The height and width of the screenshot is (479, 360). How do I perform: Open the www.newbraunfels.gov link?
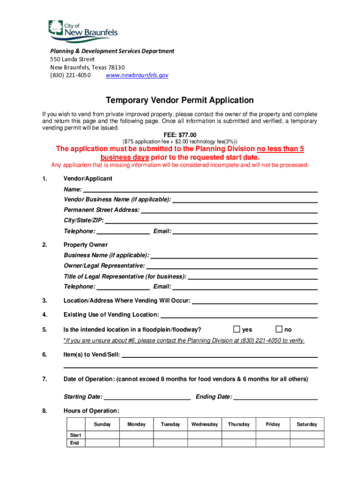click(x=137, y=75)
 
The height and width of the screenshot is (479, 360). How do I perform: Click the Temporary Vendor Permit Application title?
click(x=180, y=100)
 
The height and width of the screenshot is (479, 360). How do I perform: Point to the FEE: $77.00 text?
click(x=180, y=135)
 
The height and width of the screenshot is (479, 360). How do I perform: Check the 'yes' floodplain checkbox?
click(x=237, y=329)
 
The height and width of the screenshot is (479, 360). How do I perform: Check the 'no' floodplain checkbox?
click(x=280, y=329)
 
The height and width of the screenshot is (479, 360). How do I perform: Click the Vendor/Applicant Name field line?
click(x=200, y=189)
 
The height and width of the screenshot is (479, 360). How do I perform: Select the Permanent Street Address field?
click(x=229, y=210)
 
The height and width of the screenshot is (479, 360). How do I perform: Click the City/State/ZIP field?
click(x=211, y=220)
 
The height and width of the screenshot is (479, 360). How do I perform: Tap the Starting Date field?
click(x=147, y=397)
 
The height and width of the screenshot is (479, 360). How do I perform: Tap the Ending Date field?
click(x=275, y=397)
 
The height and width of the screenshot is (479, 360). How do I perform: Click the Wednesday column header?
click(x=204, y=424)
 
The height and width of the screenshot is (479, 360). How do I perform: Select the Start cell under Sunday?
click(x=102, y=435)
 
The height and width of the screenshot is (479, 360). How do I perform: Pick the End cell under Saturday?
click(x=307, y=443)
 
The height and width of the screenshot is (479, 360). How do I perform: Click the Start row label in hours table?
click(x=75, y=435)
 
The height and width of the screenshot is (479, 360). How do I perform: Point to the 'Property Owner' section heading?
click(x=86, y=245)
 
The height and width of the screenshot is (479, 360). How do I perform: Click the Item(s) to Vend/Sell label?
click(x=92, y=355)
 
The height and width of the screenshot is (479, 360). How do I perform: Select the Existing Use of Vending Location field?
click(x=239, y=314)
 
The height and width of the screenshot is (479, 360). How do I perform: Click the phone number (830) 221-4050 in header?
click(x=71, y=75)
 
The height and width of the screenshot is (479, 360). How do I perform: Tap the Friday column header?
click(x=273, y=424)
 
